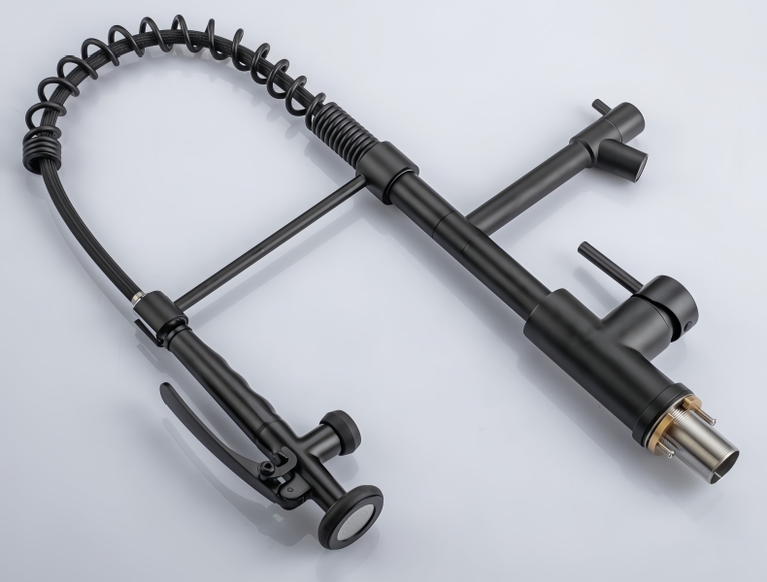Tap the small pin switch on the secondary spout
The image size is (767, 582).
[600, 107]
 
